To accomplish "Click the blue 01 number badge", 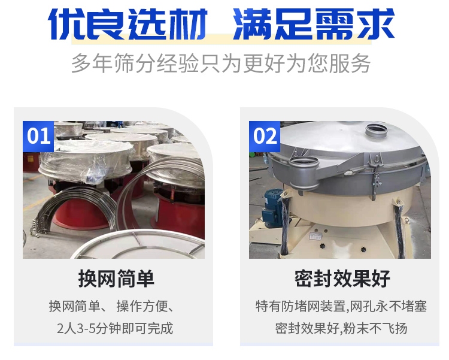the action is (x=38, y=137).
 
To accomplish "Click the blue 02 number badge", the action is (x=264, y=137).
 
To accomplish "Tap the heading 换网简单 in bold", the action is (x=116, y=279).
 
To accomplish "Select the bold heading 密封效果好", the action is (x=342, y=279).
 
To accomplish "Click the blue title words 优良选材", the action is (x=128, y=24).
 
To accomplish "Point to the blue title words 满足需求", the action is (x=314, y=24).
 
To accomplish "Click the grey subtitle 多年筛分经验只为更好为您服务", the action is (x=221, y=63).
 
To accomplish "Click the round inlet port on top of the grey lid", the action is (x=377, y=132).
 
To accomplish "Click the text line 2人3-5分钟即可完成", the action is (x=115, y=328).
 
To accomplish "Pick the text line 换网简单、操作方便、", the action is (x=112, y=307).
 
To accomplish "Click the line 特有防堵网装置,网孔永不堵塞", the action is (x=341, y=307).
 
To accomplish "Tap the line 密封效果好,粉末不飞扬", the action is (x=341, y=328).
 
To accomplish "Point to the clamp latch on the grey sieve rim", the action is (x=375, y=176).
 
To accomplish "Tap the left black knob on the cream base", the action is (x=322, y=246).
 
